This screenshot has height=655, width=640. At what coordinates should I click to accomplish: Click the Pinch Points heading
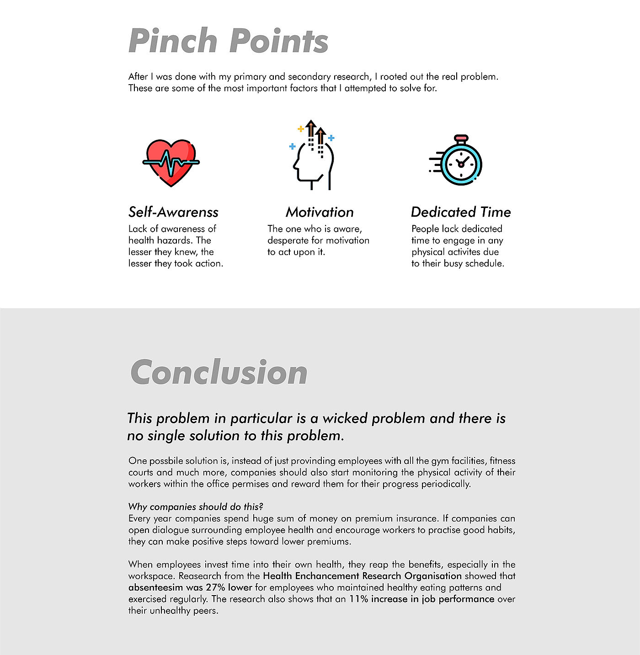(228, 41)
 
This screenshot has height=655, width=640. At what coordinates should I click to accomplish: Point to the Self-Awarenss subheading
(173, 212)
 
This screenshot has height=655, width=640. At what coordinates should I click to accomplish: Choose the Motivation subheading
(320, 212)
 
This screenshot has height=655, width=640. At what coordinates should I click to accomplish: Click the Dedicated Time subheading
(461, 212)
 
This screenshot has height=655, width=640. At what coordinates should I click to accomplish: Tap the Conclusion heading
(219, 373)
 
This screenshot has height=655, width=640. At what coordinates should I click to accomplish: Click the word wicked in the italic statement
(345, 418)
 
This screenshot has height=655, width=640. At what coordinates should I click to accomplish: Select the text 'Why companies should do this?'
(196, 506)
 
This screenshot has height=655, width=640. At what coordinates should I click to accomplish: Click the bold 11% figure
(359, 599)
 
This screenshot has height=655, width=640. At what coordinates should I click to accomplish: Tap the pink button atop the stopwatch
(461, 138)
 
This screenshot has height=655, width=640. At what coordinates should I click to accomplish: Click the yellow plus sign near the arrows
(300, 129)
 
